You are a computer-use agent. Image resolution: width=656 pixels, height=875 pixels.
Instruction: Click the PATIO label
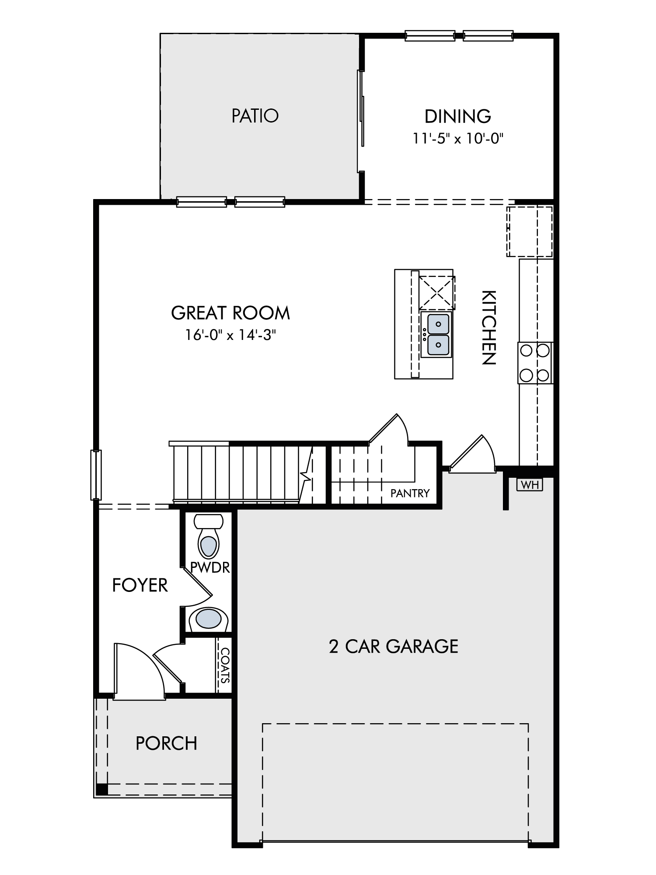(255, 116)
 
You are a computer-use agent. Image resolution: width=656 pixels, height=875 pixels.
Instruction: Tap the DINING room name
(458, 116)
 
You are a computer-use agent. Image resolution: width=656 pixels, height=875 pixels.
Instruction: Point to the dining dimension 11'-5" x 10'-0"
(458, 139)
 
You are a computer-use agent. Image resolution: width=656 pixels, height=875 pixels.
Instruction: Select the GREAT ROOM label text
(230, 313)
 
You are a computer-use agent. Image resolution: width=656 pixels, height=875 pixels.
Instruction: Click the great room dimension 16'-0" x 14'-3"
(230, 335)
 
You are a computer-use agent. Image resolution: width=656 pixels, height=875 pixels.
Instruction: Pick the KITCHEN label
(489, 327)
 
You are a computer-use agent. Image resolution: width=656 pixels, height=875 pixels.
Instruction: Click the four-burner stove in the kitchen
(535, 363)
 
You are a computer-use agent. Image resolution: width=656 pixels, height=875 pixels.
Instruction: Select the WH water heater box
(530, 484)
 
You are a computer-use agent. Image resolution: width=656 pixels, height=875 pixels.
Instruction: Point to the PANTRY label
(410, 493)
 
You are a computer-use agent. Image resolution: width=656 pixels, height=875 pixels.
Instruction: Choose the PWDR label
(210, 567)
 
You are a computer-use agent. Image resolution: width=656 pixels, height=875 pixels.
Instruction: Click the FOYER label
(140, 585)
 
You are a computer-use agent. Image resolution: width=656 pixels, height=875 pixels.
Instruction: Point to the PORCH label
(166, 743)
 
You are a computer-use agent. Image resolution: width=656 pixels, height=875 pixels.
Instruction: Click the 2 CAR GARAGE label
(394, 646)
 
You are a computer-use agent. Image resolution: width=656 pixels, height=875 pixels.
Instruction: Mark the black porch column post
(102, 789)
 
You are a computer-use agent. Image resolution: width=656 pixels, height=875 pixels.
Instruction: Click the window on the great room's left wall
(96, 475)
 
